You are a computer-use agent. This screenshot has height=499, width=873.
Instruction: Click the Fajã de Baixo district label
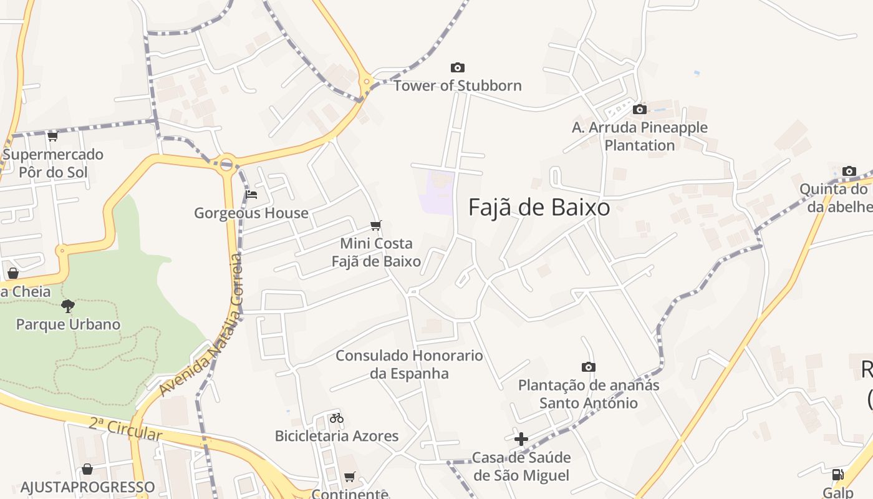(539, 207)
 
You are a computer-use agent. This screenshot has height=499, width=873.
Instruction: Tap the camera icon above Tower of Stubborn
(458, 67)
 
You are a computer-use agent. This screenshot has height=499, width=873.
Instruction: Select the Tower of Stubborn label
(457, 85)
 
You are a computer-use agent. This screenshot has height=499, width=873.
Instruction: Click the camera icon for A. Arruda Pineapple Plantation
(639, 110)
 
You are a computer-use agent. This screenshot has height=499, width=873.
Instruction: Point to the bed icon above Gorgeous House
(251, 195)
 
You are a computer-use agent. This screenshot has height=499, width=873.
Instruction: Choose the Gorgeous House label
(251, 213)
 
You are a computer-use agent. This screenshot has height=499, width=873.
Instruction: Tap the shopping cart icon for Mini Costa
(375, 225)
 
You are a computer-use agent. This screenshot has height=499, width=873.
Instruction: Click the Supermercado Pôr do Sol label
(53, 163)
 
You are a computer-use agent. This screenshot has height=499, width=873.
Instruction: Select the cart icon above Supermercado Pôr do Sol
(52, 136)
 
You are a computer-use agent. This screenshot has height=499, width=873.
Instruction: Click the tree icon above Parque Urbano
(68, 306)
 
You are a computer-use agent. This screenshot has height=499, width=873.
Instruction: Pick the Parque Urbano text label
(68, 324)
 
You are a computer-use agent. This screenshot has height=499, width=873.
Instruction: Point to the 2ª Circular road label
(125, 430)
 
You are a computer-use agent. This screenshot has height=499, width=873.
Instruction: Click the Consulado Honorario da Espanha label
(409, 364)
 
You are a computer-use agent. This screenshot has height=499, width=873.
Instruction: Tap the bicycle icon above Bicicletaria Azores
(337, 418)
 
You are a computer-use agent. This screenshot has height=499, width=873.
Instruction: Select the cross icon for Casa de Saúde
(521, 439)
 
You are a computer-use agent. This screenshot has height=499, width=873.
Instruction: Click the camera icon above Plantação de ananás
(588, 367)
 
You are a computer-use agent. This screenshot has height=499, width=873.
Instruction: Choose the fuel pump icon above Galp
(837, 475)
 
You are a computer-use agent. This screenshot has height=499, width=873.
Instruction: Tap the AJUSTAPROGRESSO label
(87, 487)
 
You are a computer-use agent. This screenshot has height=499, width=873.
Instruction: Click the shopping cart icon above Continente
(349, 477)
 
